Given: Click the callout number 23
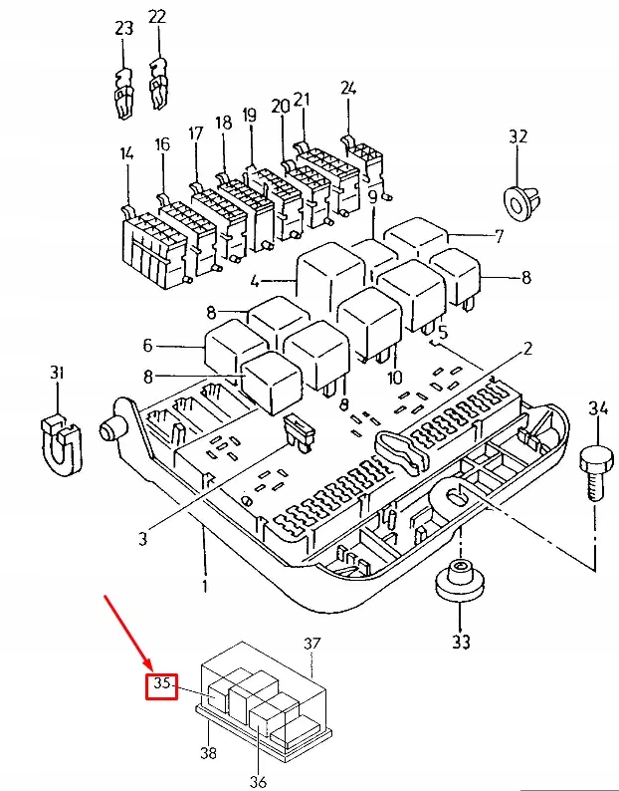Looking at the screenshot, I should [x=123, y=29].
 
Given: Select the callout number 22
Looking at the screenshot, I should [x=157, y=17].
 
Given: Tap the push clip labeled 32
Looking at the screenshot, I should [x=518, y=201].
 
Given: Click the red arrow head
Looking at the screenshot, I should [x=147, y=665].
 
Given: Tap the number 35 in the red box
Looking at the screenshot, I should [x=162, y=685].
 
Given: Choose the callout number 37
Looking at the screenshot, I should [x=313, y=645].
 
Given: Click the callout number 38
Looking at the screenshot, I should [x=207, y=754].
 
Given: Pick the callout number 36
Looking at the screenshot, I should [x=258, y=782].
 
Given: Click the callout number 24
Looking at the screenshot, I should [x=347, y=88].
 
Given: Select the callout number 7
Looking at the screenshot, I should [x=500, y=237].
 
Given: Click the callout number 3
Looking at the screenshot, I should [x=142, y=539].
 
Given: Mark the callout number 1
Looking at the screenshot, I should [x=205, y=586].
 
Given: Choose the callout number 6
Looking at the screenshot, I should [x=147, y=346].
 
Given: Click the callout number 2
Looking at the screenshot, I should [x=528, y=349].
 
